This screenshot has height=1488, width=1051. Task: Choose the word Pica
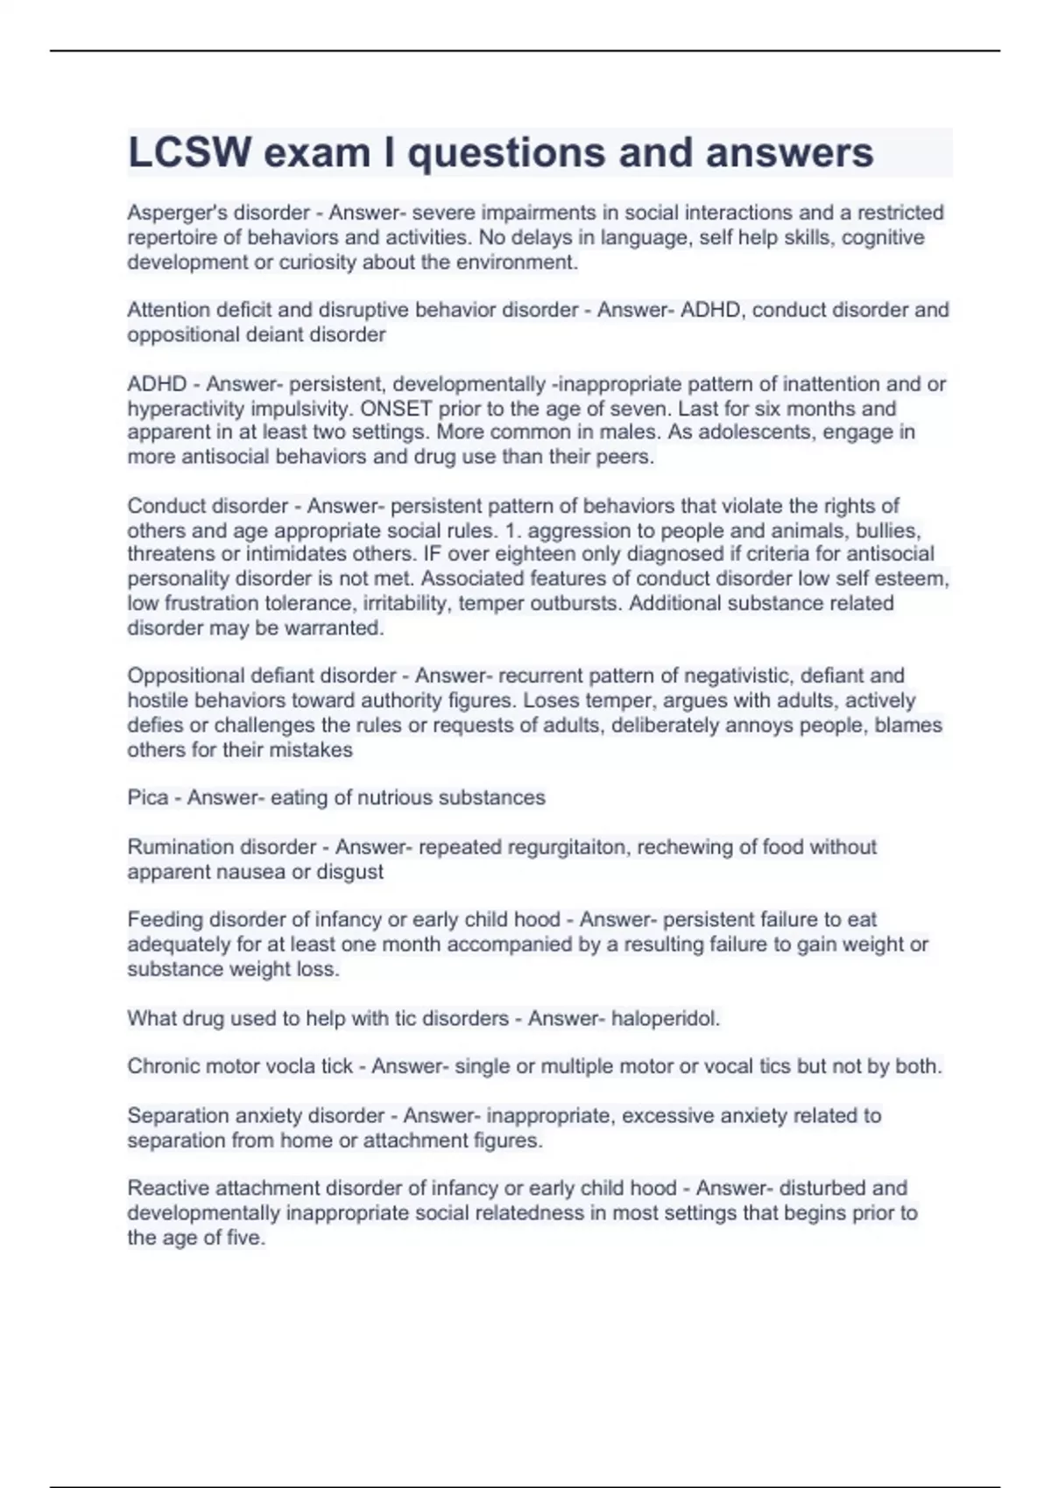pos(147,797)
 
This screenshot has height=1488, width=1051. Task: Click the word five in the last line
pos(244,1238)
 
